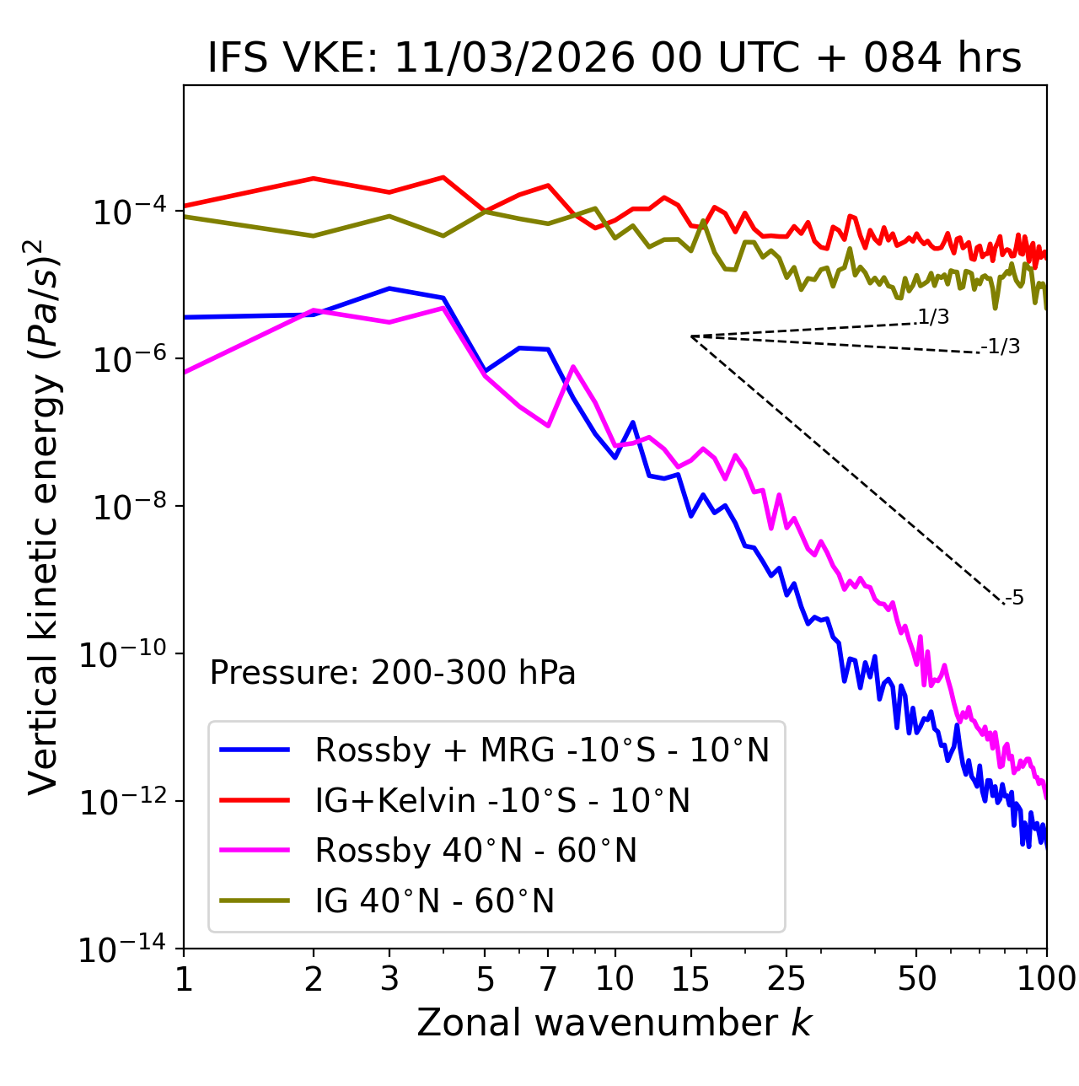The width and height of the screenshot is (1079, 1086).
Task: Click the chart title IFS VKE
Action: (x=614, y=58)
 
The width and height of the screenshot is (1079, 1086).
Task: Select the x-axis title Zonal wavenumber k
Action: (x=614, y=1022)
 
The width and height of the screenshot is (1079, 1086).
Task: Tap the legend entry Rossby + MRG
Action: (x=542, y=750)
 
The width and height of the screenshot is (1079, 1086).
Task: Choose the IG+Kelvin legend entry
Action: (x=502, y=800)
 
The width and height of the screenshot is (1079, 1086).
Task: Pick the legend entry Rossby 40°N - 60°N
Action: (x=475, y=851)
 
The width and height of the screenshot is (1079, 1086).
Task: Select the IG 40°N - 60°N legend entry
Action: (x=434, y=901)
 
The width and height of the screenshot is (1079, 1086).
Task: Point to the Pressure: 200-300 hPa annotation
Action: (x=393, y=673)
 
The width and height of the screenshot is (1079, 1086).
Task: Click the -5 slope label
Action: (x=1015, y=599)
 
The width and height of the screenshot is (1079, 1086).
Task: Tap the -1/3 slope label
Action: (x=1001, y=347)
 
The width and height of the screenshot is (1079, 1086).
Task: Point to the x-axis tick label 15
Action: (x=691, y=979)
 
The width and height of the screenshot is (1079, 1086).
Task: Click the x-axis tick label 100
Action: (x=1046, y=979)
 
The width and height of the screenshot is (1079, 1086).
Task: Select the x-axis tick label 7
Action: (x=548, y=979)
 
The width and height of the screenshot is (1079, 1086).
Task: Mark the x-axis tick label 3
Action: (x=389, y=979)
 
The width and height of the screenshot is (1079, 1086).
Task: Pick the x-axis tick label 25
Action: (x=786, y=979)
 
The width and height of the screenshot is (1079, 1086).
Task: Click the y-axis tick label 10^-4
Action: (x=127, y=211)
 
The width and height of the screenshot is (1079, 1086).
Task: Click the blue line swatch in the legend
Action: (x=255, y=750)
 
